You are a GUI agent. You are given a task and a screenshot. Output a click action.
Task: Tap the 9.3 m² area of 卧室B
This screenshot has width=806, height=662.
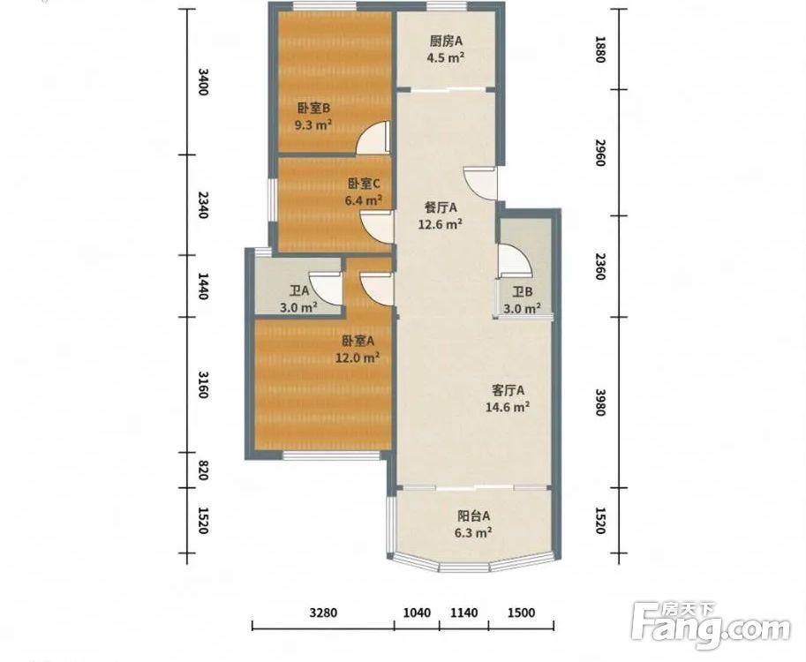[313, 124]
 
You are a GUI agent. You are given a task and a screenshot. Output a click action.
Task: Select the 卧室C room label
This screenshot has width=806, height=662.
[364, 184]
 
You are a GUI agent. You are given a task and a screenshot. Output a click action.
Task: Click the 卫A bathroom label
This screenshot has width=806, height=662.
[298, 291]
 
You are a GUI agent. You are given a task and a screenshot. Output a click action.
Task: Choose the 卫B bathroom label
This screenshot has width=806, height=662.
[523, 292]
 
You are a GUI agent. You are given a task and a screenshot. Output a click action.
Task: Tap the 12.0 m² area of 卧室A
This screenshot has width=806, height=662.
[358, 357]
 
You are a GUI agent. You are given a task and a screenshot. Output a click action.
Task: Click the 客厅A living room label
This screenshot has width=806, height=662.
[508, 391]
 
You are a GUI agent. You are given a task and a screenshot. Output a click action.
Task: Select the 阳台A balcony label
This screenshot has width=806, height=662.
[474, 515]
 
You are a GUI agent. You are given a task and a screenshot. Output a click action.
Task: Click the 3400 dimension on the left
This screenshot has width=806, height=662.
[203, 82]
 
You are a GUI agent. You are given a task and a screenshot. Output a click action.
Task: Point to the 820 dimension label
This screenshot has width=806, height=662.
[202, 470]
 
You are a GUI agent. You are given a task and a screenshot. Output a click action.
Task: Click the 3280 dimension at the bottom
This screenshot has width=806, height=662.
[324, 613]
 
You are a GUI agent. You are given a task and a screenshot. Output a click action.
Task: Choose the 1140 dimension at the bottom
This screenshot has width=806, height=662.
[464, 613]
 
